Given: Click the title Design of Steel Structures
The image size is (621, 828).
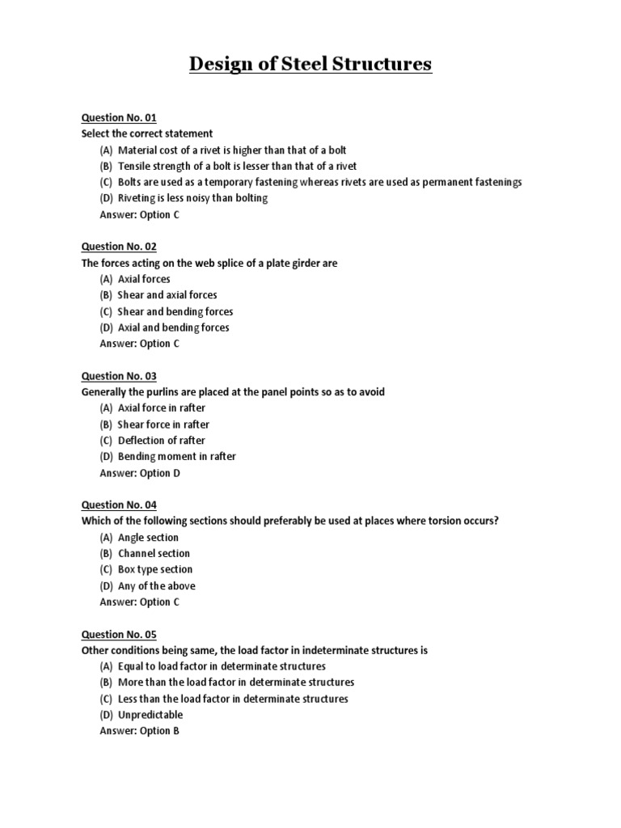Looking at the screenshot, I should [x=310, y=64].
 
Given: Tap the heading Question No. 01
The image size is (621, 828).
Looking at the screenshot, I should [x=119, y=117].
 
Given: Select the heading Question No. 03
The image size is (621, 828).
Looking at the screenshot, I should [x=119, y=376].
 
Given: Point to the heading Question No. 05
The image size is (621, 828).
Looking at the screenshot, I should [x=119, y=635].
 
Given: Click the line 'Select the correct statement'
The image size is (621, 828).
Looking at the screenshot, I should [x=147, y=133].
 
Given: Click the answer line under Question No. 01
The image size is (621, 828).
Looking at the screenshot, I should [x=135, y=214].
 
